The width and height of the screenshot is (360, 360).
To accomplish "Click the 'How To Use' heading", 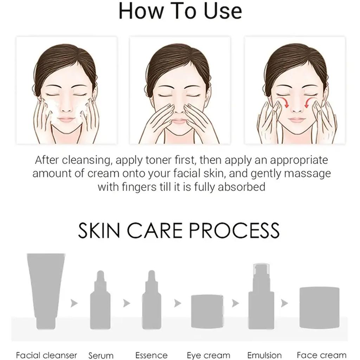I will (180, 11).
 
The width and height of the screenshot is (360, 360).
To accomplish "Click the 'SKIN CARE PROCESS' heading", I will (179, 230).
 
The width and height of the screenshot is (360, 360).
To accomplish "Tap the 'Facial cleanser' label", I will (46, 355).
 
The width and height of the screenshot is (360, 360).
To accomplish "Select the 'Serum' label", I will (101, 355).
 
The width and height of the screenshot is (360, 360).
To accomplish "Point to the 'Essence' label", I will (152, 355).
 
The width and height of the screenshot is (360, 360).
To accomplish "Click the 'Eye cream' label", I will (208, 355).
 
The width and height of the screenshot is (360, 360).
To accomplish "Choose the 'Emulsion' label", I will (264, 355).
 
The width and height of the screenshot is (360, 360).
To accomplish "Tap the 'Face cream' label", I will (321, 355).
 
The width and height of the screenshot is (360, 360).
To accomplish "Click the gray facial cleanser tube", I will (46, 285).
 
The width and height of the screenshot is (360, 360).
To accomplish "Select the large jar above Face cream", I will (319, 302).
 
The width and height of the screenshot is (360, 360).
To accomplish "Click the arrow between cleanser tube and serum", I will (74, 303).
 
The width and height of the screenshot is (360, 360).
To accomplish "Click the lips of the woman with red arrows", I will (296, 120).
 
